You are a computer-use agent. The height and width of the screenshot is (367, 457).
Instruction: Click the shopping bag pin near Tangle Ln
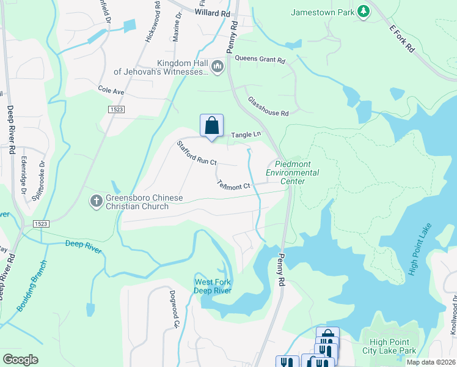pyautogui.click(x=211, y=126)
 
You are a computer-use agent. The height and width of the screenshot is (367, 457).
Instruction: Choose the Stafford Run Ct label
pyautogui.click(x=197, y=153)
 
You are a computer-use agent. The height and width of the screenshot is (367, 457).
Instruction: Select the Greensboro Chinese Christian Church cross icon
pyautogui.click(x=96, y=201)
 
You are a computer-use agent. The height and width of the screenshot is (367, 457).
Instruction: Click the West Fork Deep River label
pyautogui.click(x=213, y=286)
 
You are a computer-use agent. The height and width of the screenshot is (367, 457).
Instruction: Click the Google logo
pyautogui.click(x=21, y=359)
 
